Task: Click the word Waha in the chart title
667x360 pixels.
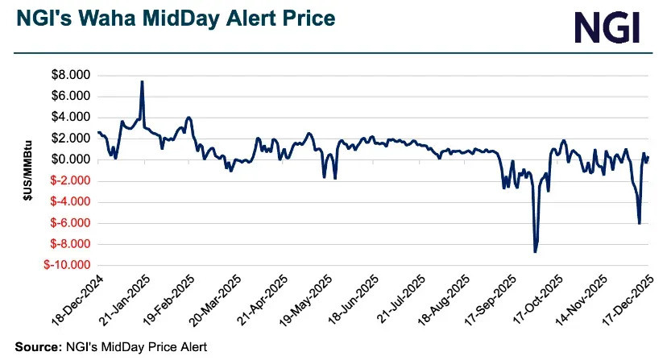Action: tap(116, 19)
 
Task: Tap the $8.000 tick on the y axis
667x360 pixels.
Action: tap(70, 76)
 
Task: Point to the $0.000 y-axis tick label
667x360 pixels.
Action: tap(70, 159)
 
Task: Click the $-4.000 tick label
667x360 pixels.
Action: tap(70, 201)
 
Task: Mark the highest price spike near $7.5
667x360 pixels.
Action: tap(142, 82)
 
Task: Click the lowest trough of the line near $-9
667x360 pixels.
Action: tap(535, 251)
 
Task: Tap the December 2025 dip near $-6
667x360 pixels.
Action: tap(639, 223)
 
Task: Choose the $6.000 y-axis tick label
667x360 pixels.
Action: tap(70, 97)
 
